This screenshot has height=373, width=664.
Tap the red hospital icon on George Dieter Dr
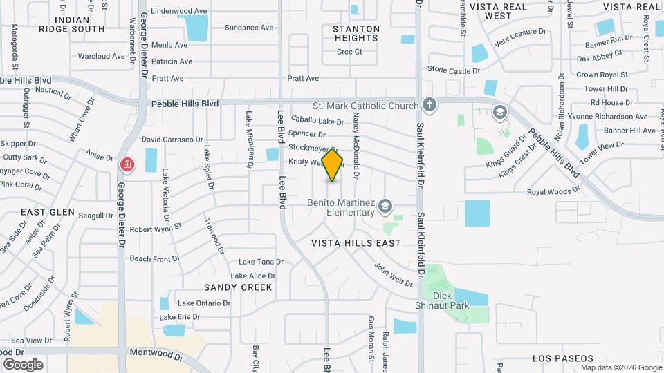[x=127, y=164]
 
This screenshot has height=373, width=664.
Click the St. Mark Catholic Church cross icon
[x=430, y=106]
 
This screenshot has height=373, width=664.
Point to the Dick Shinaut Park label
[x=451, y=300]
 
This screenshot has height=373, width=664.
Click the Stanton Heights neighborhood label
[x=356, y=33]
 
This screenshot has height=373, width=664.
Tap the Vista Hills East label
[x=356, y=243]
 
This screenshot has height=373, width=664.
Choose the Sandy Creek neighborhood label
[x=238, y=287]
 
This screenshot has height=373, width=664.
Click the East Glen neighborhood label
[x=48, y=212]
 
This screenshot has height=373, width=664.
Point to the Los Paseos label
[x=563, y=358]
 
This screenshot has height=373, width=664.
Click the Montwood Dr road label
[x=156, y=352]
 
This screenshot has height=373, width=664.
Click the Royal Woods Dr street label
[x=553, y=191]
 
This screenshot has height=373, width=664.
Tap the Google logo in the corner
[x=23, y=364]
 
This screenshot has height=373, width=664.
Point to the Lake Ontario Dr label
[x=204, y=303]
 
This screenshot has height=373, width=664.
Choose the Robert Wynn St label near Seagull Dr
[x=155, y=227]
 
